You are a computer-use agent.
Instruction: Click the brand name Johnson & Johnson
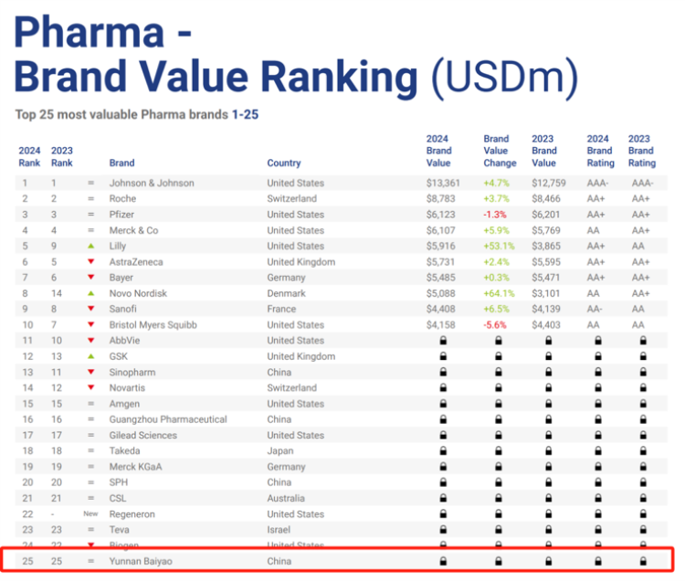tap(152, 183)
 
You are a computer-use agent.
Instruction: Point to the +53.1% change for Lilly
tap(498, 246)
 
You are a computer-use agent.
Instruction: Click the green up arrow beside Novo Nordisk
tap(90, 293)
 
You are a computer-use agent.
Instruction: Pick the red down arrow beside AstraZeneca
tap(90, 262)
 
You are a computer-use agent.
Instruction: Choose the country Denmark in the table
tap(287, 293)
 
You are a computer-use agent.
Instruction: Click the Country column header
tap(284, 164)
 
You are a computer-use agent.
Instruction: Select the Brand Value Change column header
tap(497, 151)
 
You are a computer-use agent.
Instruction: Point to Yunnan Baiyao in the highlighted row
tap(140, 560)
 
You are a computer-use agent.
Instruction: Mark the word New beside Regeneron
tap(90, 514)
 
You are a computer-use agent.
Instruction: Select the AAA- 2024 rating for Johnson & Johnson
tap(598, 183)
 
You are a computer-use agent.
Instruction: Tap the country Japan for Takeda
tap(279, 451)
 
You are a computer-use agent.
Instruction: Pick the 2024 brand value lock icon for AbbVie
tap(443, 341)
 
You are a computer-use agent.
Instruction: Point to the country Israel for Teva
tap(279, 530)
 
